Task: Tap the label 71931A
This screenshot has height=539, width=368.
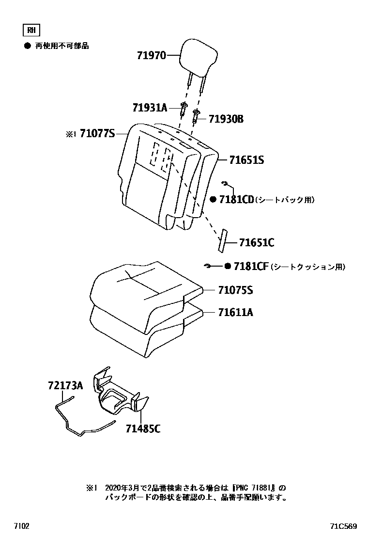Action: [x=149, y=108]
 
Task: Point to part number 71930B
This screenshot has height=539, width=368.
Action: [x=226, y=119]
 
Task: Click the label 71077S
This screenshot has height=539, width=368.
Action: [x=97, y=133]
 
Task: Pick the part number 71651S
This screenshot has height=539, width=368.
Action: [x=246, y=159]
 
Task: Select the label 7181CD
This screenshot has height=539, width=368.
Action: [x=236, y=200]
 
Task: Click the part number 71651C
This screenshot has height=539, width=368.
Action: [x=257, y=242]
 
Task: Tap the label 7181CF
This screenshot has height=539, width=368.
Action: [x=251, y=266]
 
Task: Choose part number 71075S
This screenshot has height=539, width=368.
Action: [x=235, y=290]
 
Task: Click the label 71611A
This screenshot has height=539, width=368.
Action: [x=235, y=312]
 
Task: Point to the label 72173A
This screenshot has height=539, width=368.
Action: [x=65, y=386]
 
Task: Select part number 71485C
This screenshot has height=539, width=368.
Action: [x=143, y=428]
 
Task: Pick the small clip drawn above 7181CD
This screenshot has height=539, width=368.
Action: [x=225, y=183]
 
